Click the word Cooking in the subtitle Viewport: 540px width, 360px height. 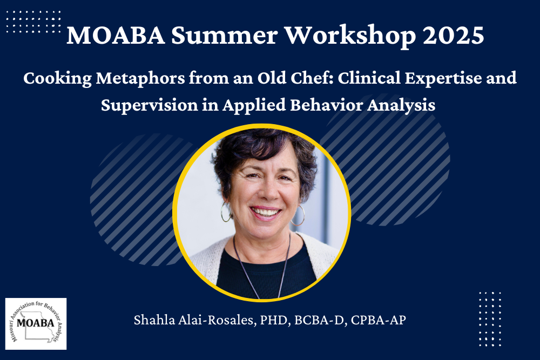(x=57, y=79)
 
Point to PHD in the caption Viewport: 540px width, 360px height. (x=275, y=320)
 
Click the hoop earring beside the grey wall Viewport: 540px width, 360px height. (x=299, y=215)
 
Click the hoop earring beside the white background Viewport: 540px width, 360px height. (x=226, y=212)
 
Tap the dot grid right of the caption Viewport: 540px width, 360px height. (x=490, y=318)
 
